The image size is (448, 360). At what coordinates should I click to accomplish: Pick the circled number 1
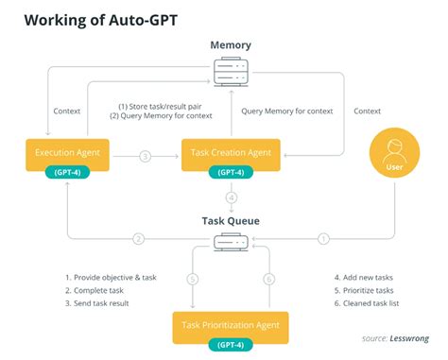325,238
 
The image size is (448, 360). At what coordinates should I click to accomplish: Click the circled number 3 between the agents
145,155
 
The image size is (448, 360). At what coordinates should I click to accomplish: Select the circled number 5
192,281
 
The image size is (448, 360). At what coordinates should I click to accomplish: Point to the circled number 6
268,281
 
